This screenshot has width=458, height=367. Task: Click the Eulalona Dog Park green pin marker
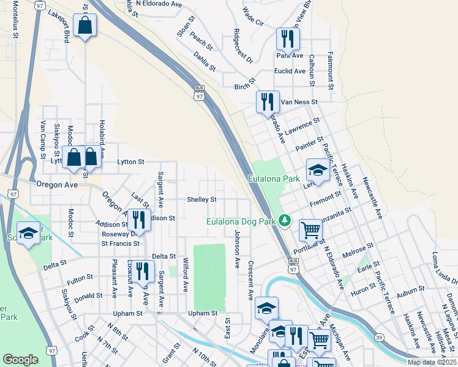(284, 220)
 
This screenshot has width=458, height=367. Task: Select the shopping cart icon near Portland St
(311, 231)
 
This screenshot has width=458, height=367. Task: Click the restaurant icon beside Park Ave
(286, 40)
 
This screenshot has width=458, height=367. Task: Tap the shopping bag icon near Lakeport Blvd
(84, 26)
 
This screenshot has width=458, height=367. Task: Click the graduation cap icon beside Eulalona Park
(317, 169)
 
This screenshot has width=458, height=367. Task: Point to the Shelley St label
(201, 199)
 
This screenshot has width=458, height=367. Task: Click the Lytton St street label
(130, 162)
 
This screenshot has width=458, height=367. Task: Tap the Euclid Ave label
(290, 71)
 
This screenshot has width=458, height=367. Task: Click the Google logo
(20, 360)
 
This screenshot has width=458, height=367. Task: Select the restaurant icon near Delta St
(143, 272)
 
